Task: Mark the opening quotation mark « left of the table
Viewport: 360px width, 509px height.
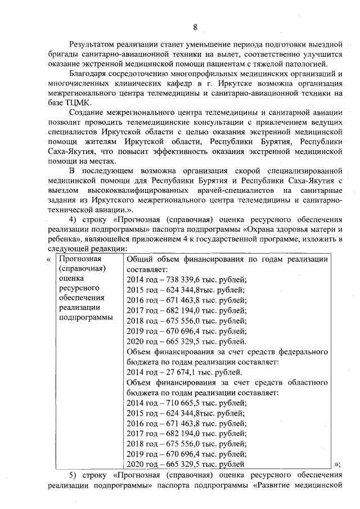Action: click(49, 259)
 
